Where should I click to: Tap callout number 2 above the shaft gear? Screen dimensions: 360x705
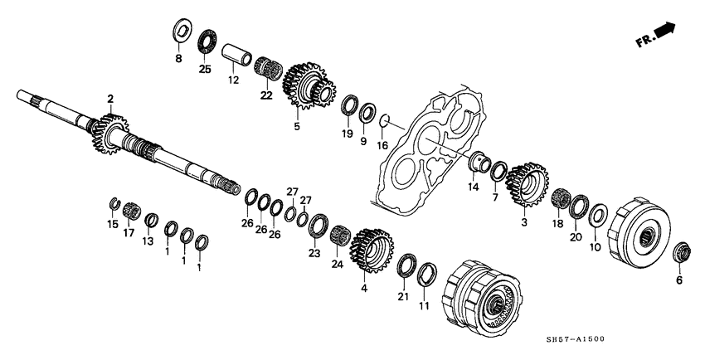[109, 99]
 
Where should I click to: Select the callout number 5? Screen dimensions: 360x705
[297, 127]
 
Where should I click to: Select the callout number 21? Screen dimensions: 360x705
[403, 296]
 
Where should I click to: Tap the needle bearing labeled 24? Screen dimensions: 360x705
[338, 235]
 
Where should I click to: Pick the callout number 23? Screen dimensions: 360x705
[314, 253]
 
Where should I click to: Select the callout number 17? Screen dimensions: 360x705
[129, 234]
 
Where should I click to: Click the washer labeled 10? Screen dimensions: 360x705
[596, 217]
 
